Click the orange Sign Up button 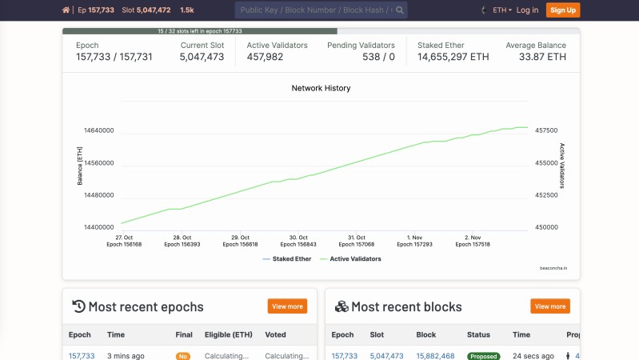pyautogui.click(x=563, y=10)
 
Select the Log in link pyautogui.click(x=527, y=10)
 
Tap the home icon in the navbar pyautogui.click(x=66, y=10)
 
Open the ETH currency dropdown pyautogui.click(x=502, y=10)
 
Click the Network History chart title pyautogui.click(x=321, y=88)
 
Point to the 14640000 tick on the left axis pyautogui.click(x=98, y=130)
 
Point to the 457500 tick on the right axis pyautogui.click(x=545, y=130)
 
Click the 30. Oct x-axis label pyautogui.click(x=298, y=238)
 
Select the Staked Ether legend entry pyautogui.click(x=287, y=258)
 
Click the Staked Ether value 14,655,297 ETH pyautogui.click(x=453, y=57)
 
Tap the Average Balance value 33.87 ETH pyautogui.click(x=542, y=57)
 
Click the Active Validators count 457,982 pyautogui.click(x=265, y=57)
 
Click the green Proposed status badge pyautogui.click(x=484, y=356)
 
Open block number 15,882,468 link pyautogui.click(x=435, y=356)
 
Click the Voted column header pyautogui.click(x=275, y=334)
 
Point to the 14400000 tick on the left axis pyautogui.click(x=98, y=227)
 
